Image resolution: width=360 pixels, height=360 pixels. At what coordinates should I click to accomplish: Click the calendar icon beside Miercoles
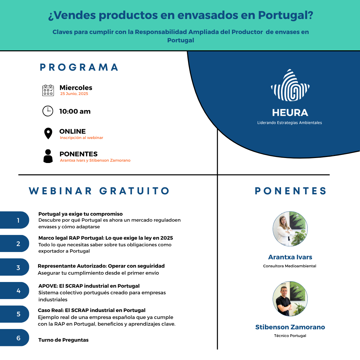48,90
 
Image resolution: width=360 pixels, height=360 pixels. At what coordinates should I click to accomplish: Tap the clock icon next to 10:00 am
48,111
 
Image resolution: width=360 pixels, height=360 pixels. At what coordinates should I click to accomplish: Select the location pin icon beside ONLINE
48,133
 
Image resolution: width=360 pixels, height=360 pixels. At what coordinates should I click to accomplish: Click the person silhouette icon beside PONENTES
48,156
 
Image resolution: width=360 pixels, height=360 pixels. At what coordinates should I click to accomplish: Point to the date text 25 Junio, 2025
74,94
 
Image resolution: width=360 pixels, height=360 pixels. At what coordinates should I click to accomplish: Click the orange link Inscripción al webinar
82,138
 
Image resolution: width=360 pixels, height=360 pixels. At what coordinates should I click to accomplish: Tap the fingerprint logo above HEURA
290,85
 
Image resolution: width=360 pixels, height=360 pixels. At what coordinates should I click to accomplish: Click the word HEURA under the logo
290,113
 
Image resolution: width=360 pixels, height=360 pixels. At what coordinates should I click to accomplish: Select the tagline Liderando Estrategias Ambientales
290,123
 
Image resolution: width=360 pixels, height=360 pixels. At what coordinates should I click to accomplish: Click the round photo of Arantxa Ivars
290,229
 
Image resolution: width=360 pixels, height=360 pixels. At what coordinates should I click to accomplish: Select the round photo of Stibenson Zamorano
290,299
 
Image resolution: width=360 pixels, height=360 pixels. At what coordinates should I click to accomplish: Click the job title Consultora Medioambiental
290,266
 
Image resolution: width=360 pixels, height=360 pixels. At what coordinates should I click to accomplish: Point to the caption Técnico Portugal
290,336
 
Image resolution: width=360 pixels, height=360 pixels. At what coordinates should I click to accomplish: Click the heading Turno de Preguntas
63,340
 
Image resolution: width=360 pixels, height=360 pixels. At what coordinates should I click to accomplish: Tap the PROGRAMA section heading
79,67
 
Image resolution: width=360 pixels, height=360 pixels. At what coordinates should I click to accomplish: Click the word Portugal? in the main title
286,15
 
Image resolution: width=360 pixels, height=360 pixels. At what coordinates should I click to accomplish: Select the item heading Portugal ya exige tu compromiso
81,214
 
